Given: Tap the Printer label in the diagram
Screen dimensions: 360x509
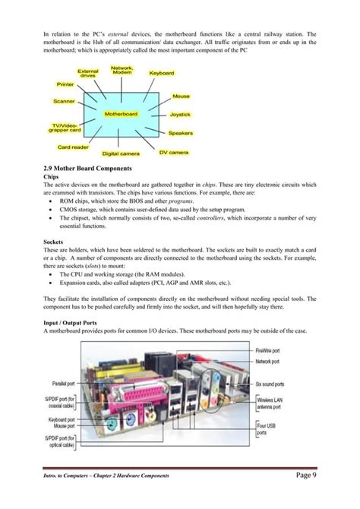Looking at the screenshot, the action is click(66, 84).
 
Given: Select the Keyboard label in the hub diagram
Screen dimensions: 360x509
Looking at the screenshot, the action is click(162, 73).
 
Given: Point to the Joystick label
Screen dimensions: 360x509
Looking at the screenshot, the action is click(180, 114).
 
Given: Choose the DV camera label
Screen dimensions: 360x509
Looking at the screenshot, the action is click(174, 152).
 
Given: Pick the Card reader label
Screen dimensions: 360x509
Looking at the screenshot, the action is click(74, 147).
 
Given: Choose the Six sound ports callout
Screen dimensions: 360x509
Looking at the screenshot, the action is click(271, 384).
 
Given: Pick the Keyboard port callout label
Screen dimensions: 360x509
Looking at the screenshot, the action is click(61, 419).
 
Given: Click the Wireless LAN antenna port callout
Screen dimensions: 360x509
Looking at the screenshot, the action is click(271, 403).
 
